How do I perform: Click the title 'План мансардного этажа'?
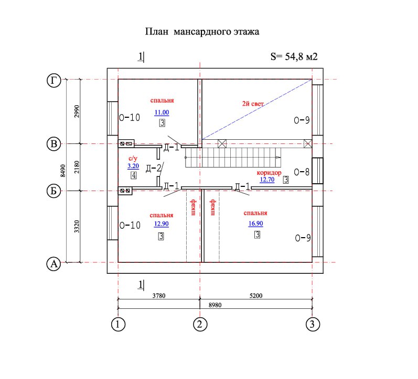pos(202,32)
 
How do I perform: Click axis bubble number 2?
pos(199,325)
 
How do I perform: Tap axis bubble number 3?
pos(312,325)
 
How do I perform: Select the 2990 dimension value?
pos(77,112)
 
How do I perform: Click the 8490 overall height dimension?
pos(63,171)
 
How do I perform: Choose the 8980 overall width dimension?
pos(215,304)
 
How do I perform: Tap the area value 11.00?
pos(162,112)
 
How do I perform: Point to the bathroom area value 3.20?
pos(133,166)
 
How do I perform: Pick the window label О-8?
pos(302,171)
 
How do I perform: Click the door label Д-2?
pos(153,168)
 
